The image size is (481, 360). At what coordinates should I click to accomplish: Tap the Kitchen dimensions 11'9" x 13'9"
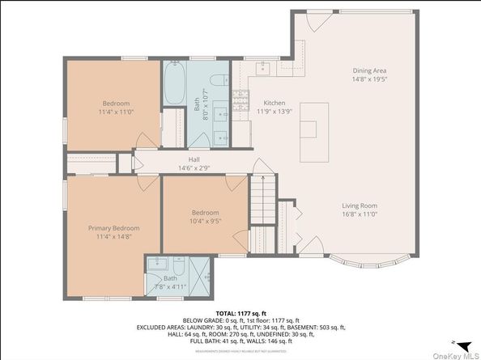pos(275,112)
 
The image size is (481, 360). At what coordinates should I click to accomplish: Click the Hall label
pos(194,160)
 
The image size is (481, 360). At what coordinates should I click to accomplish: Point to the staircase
pos(262,201)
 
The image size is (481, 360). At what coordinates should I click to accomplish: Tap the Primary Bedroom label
pos(113,228)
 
